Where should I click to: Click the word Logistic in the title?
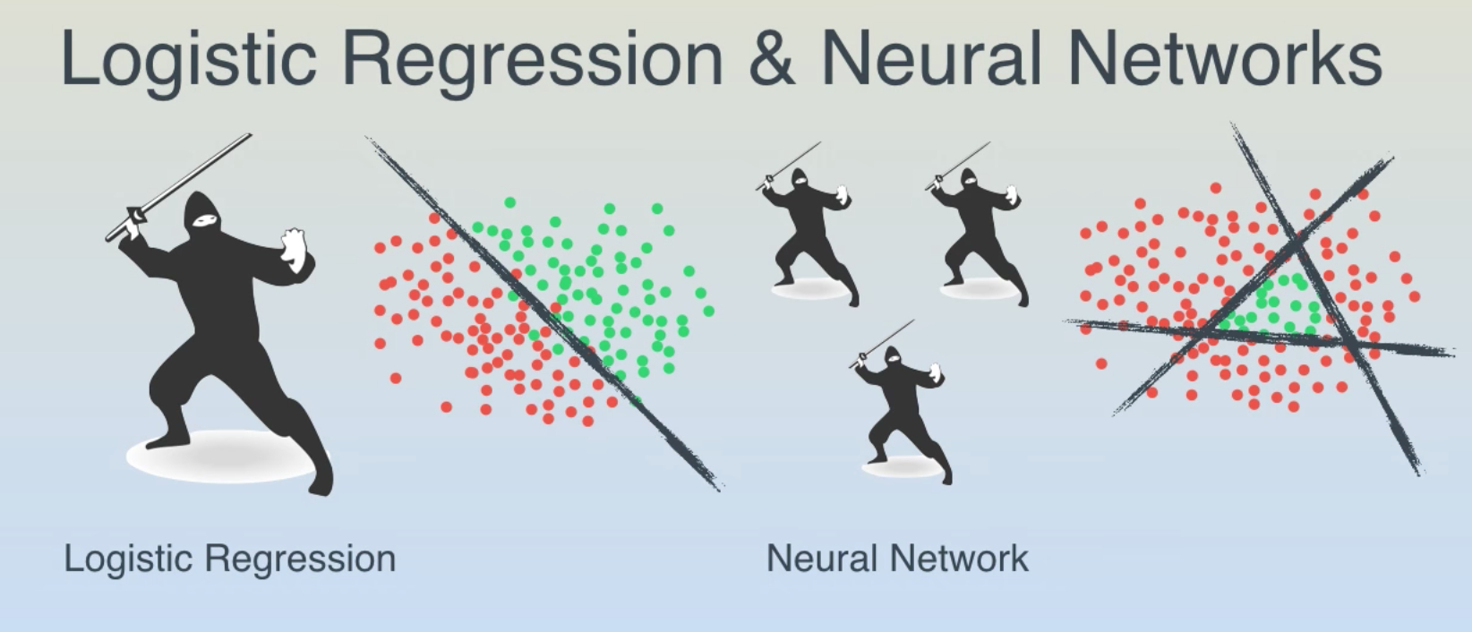click(189, 60)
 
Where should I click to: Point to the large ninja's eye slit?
click(205, 219)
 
